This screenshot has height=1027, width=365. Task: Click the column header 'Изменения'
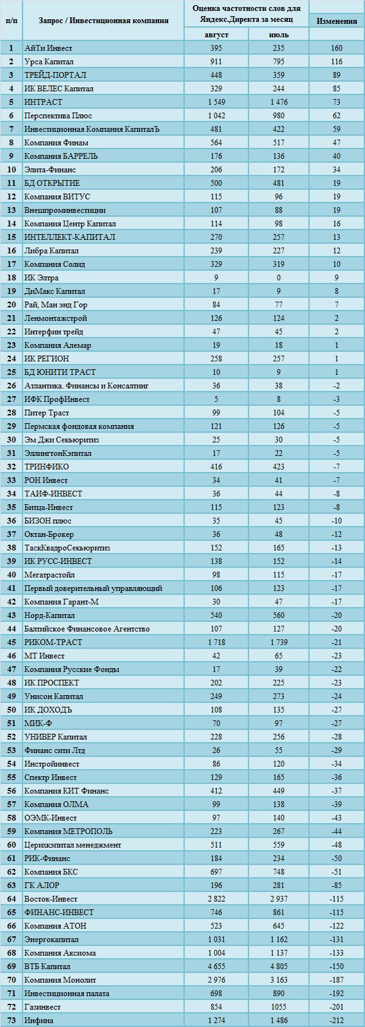pyautogui.click(x=337, y=21)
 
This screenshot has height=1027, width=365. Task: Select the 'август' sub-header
pyautogui.click(x=216, y=34)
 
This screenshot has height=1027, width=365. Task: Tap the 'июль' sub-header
pyautogui.click(x=278, y=34)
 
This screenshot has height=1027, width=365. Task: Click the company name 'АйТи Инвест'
pyautogui.click(x=48, y=48)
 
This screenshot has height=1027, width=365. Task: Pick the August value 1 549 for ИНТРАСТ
pyautogui.click(x=216, y=102)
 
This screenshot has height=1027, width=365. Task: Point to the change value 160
pyautogui.click(x=337, y=48)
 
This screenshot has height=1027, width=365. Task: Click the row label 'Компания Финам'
pyautogui.click(x=56, y=143)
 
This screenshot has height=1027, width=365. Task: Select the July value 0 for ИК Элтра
pyautogui.click(x=278, y=278)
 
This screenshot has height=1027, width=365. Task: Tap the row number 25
pyautogui.click(x=12, y=372)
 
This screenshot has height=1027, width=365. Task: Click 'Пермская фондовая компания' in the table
pyautogui.click(x=79, y=426)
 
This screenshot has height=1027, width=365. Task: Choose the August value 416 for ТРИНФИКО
pyautogui.click(x=216, y=467)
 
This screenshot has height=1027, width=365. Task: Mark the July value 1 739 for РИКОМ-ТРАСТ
pyautogui.click(x=278, y=642)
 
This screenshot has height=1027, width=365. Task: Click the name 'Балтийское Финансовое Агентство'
pyautogui.click(x=87, y=628)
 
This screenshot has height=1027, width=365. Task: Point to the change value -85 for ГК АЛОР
pyautogui.click(x=337, y=885)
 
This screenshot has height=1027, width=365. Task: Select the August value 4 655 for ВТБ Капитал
pyautogui.click(x=216, y=966)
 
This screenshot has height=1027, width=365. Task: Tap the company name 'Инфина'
pyautogui.click(x=39, y=1020)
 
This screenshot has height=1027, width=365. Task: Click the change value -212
pyautogui.click(x=337, y=1020)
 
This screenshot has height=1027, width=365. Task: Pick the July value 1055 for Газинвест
pyautogui.click(x=278, y=1006)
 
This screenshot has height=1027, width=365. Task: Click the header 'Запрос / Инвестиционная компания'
pyautogui.click(x=103, y=20)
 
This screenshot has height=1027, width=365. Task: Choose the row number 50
pyautogui.click(x=12, y=710)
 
